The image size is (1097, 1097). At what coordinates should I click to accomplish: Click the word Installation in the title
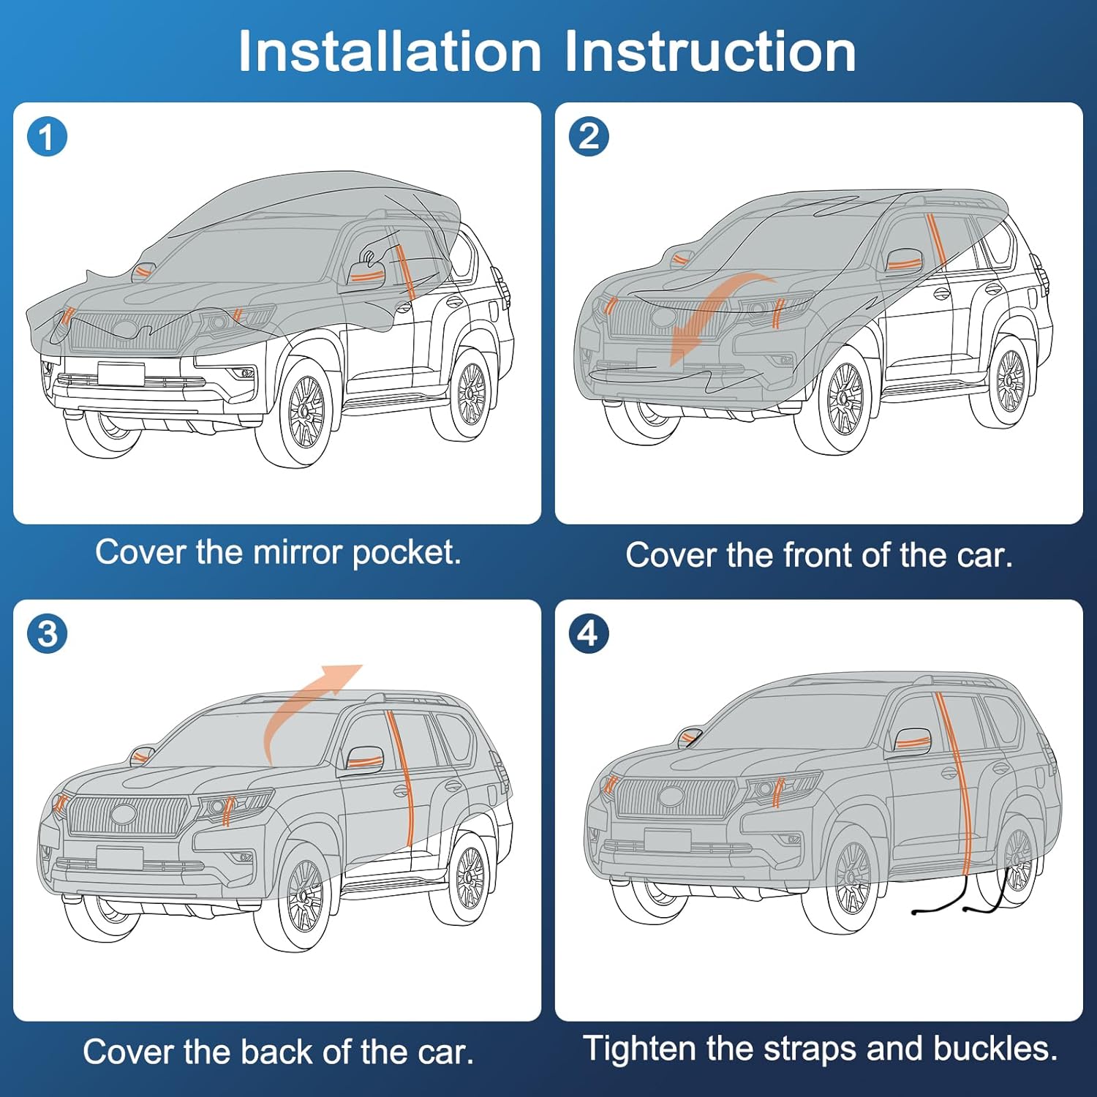(x=389, y=51)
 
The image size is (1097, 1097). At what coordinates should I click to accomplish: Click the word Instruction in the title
(x=709, y=51)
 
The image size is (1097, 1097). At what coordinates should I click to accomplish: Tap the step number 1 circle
(x=48, y=137)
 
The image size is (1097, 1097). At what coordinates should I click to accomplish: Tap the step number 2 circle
(x=589, y=137)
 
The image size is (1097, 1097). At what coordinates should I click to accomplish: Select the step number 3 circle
(x=48, y=634)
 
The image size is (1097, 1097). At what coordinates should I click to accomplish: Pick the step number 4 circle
(x=589, y=633)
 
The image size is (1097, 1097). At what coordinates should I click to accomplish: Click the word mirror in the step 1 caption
(x=298, y=552)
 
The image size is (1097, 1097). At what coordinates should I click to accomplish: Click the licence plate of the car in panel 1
(x=121, y=373)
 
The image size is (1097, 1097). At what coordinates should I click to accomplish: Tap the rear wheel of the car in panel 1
(x=470, y=395)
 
